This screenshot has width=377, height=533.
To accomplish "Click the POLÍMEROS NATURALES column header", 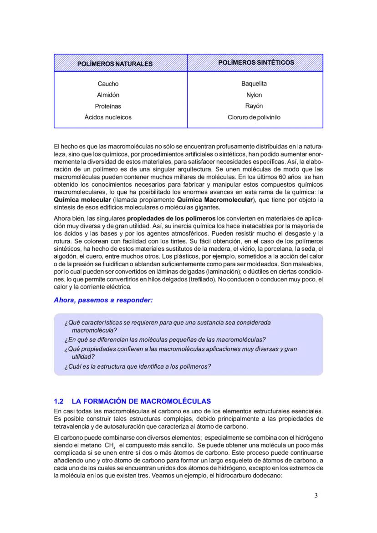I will pyautogui.click(x=115, y=64).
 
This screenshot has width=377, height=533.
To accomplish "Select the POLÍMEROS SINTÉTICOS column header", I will pyautogui.click(x=256, y=62).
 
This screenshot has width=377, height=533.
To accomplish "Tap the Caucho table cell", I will pyautogui.click(x=108, y=84).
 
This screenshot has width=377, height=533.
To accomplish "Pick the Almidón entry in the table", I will pyautogui.click(x=108, y=95).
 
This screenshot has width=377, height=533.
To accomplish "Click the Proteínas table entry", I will pyautogui.click(x=108, y=106).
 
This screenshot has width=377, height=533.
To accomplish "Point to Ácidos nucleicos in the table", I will pyautogui.click(x=108, y=117).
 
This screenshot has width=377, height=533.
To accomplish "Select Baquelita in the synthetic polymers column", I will pyautogui.click(x=254, y=84).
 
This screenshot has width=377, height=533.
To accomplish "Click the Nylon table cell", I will pyautogui.click(x=254, y=95).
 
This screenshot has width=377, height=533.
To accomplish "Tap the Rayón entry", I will pyautogui.click(x=254, y=106).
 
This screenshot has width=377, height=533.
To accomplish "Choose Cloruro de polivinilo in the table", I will pyautogui.click(x=254, y=117).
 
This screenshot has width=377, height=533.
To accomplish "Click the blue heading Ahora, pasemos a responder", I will pyautogui.click(x=103, y=300).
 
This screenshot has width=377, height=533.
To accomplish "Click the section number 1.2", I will pyautogui.click(x=58, y=402).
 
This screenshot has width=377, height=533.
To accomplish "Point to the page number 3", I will pyautogui.click(x=316, y=496).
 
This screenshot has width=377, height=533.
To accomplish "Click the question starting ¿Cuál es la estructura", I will pyautogui.click(x=138, y=366).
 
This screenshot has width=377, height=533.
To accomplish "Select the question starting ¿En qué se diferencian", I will pyautogui.click(x=165, y=340).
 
